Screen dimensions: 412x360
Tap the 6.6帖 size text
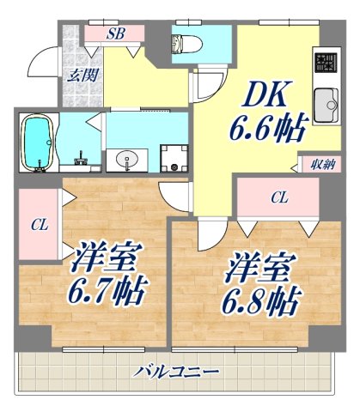pyautogui.click(x=266, y=130)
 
